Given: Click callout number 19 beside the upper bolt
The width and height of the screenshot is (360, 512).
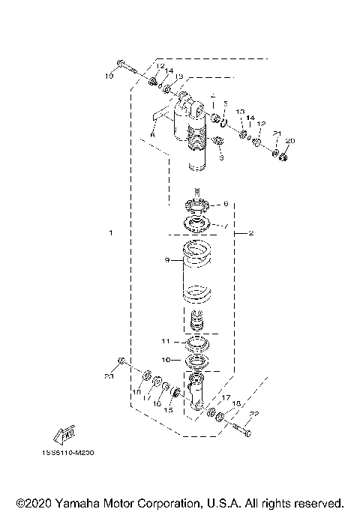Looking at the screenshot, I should coord(109,76).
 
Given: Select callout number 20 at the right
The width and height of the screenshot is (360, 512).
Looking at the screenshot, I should coord(292,141).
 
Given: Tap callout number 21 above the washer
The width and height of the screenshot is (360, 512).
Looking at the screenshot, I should coord(277,133).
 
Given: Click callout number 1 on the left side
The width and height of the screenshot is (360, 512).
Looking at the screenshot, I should coord(110,233).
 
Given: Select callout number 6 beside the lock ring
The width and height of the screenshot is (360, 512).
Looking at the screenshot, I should coord(225,203).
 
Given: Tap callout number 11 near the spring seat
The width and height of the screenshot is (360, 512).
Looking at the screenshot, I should coord(166,340).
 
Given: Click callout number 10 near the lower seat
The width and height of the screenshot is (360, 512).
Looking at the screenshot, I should coord(166,360).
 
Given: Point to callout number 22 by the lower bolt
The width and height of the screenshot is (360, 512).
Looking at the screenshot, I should coord(254,414).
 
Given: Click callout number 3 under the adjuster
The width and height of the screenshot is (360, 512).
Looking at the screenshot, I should coord(221,158).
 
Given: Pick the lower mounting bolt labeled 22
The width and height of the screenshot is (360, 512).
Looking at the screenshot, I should coord(236,430).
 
